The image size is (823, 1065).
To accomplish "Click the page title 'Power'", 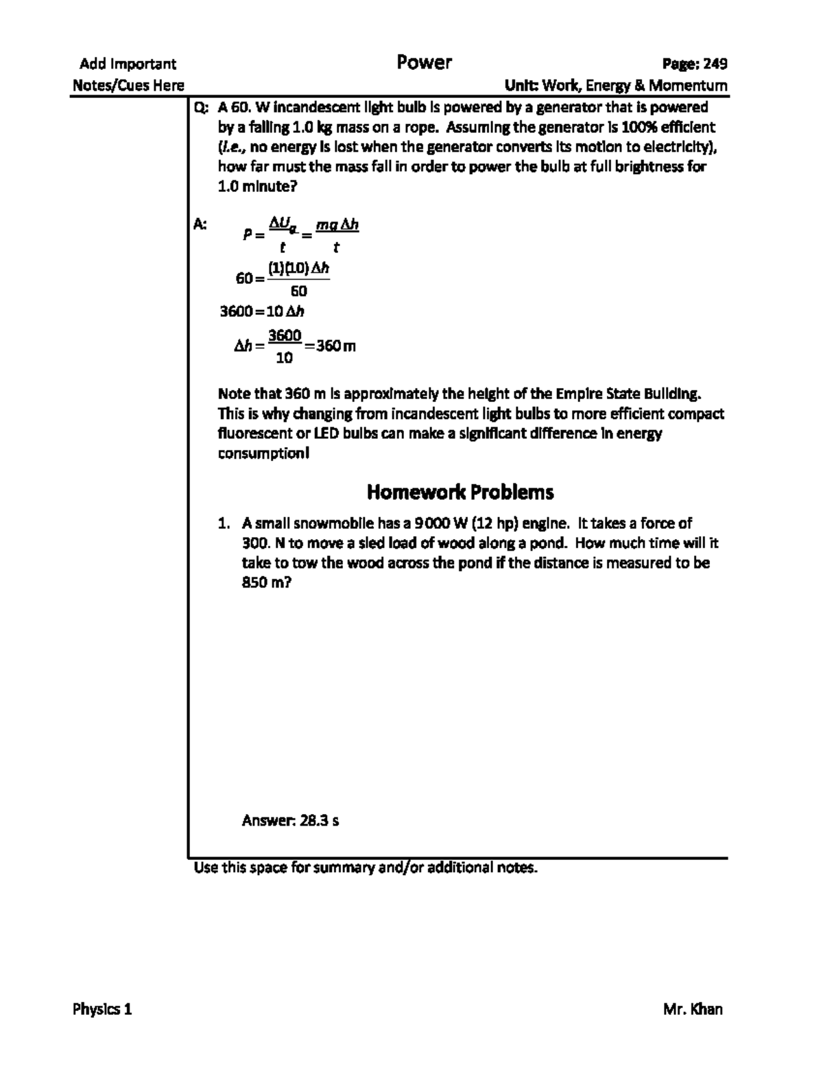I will tap(424, 63).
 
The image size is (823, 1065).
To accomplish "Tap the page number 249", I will tap(715, 64).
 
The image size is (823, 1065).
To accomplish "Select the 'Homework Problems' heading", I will tap(460, 492).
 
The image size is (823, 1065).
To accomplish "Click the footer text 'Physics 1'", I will tap(102, 1009).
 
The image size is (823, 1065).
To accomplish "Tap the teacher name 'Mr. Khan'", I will tap(693, 1009).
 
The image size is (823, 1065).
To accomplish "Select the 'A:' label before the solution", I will tap(200, 224).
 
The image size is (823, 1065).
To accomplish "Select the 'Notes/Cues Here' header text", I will tap(128, 86).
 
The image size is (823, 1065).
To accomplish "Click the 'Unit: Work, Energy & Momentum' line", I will tap(615, 86).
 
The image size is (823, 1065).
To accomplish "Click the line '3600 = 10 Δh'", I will tap(261, 312).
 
